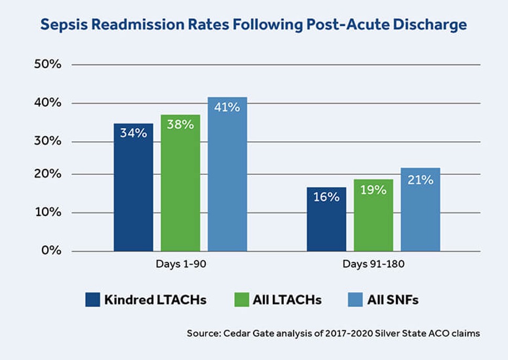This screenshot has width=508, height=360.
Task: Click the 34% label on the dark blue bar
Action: [x=133, y=133]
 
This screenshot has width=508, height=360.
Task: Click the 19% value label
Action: [x=373, y=190]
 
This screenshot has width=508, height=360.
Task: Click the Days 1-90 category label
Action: [x=180, y=264]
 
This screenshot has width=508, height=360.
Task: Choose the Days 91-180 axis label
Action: [x=373, y=264]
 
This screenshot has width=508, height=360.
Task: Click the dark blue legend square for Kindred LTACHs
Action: [x=92, y=300]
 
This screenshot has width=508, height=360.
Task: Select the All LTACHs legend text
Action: [x=286, y=300]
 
